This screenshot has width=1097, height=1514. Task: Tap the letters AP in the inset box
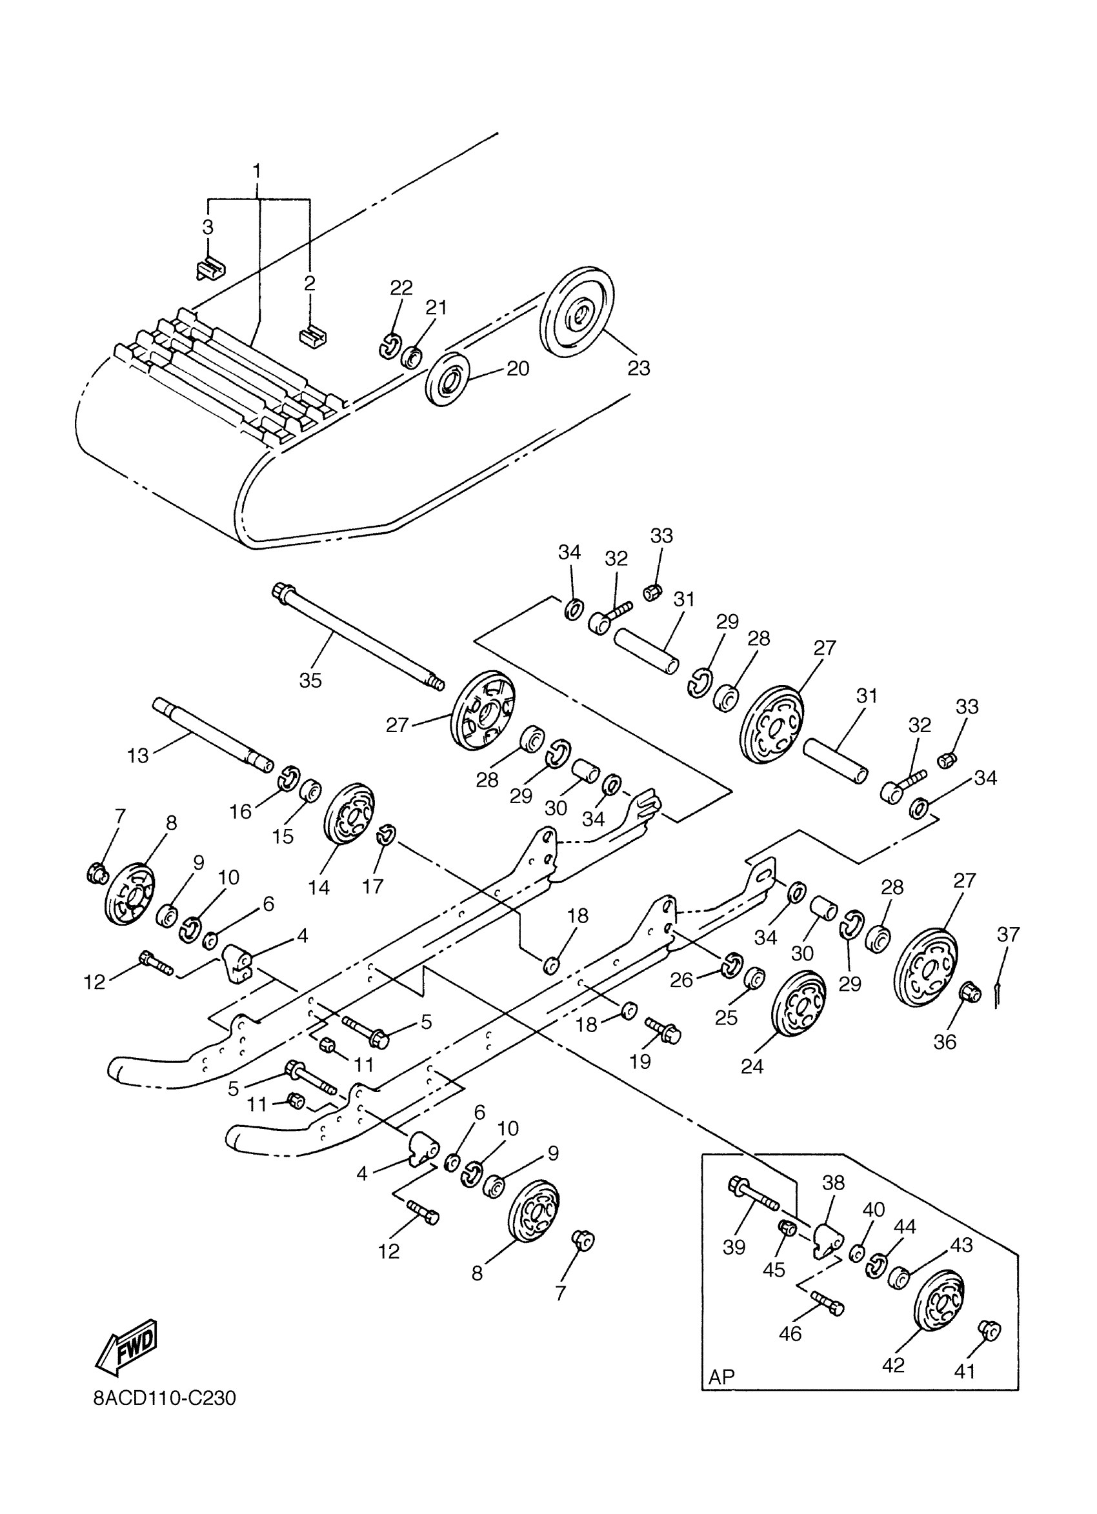coord(721,1377)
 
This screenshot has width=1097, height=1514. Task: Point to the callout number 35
coord(310,680)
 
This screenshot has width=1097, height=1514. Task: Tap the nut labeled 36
coord(969,993)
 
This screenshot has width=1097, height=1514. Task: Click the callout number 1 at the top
coord(256,172)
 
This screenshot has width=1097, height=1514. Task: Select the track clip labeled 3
coord(210,268)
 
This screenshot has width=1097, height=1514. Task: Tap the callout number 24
coord(752,1067)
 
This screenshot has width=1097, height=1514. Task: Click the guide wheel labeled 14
coord(348,822)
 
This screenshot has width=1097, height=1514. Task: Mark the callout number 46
coord(790,1334)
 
